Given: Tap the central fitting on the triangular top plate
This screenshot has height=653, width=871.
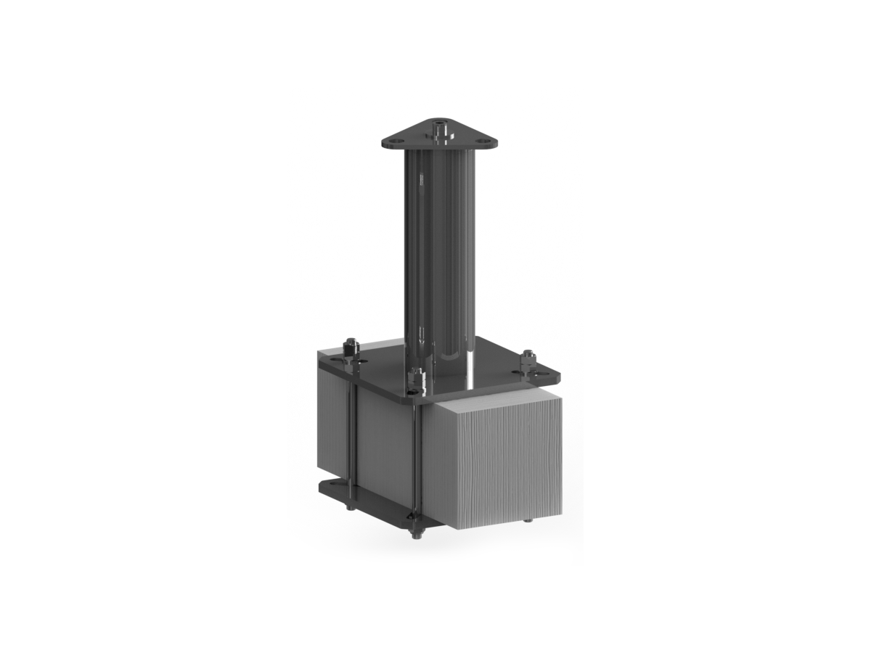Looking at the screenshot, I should click(440, 131).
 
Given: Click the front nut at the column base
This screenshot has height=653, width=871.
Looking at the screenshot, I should click(418, 377).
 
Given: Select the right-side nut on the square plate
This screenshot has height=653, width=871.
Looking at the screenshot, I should click(526, 359).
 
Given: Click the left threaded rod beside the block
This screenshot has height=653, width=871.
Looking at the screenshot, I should click(351, 435).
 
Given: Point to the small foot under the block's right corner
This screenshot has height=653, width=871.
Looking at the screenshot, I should click(528, 520).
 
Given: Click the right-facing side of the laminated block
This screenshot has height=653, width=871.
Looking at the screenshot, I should click(494, 457).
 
